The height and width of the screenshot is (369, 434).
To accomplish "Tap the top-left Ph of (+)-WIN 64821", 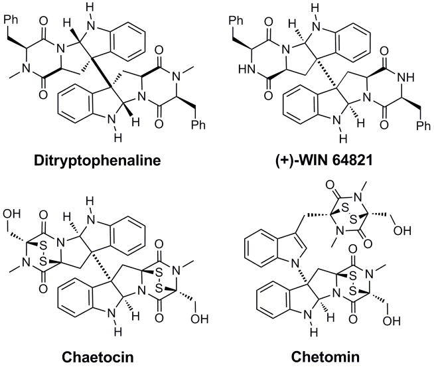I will (x=246, y=10).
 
